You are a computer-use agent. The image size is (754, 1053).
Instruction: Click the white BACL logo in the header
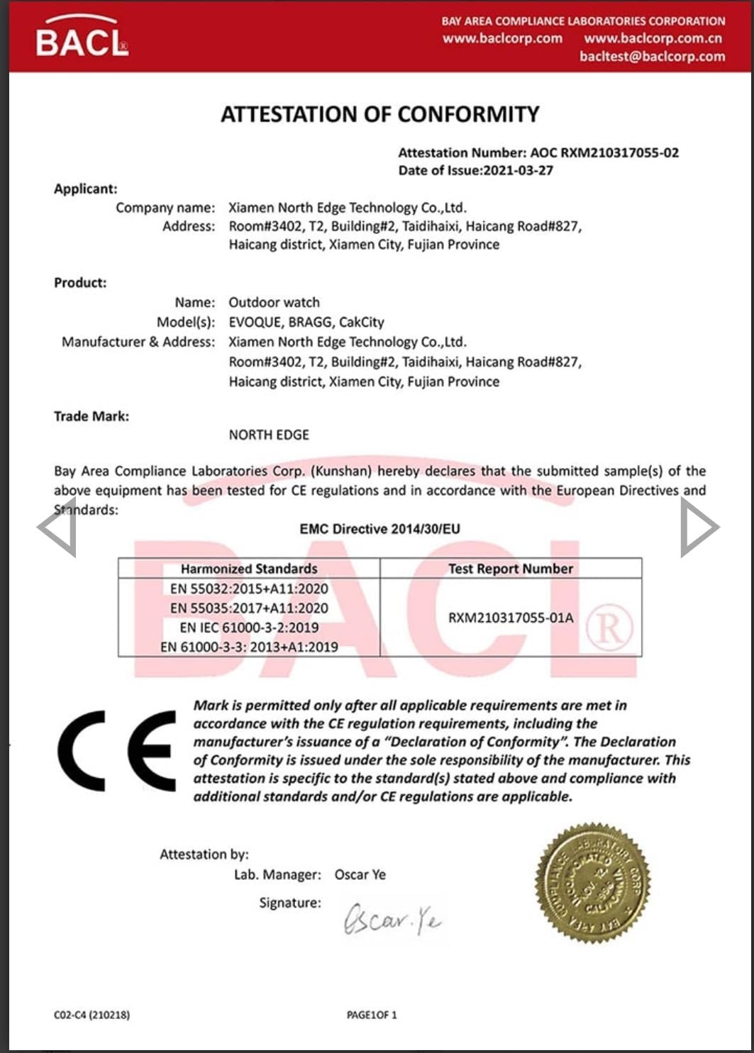tap(82, 39)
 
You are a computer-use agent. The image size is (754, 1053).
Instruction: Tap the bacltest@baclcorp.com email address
tap(652, 57)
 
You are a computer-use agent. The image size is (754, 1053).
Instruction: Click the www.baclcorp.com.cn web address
tap(653, 38)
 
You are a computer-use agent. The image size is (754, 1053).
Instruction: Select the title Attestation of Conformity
tap(379, 114)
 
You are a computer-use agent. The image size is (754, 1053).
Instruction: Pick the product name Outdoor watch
tap(274, 302)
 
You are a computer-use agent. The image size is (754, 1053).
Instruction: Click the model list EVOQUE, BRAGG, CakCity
tap(306, 322)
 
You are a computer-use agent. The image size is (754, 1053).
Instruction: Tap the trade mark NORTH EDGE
tap(269, 435)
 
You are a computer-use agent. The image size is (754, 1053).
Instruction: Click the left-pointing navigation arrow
tap(57, 527)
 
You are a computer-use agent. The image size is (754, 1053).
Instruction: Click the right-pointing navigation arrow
tap(699, 527)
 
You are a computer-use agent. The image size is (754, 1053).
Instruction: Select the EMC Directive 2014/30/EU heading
tap(379, 529)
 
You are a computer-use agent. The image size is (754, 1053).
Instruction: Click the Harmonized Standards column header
tap(249, 569)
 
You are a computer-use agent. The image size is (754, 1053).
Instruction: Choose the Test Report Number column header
tap(510, 569)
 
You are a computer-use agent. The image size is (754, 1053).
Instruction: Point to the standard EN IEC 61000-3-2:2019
tap(249, 628)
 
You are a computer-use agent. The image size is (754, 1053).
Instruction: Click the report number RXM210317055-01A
tap(510, 618)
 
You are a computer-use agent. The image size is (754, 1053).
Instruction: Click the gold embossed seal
tap(593, 882)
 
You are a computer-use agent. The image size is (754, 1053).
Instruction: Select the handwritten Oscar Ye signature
tap(392, 919)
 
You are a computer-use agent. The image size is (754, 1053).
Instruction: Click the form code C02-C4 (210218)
tap(92, 1015)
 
